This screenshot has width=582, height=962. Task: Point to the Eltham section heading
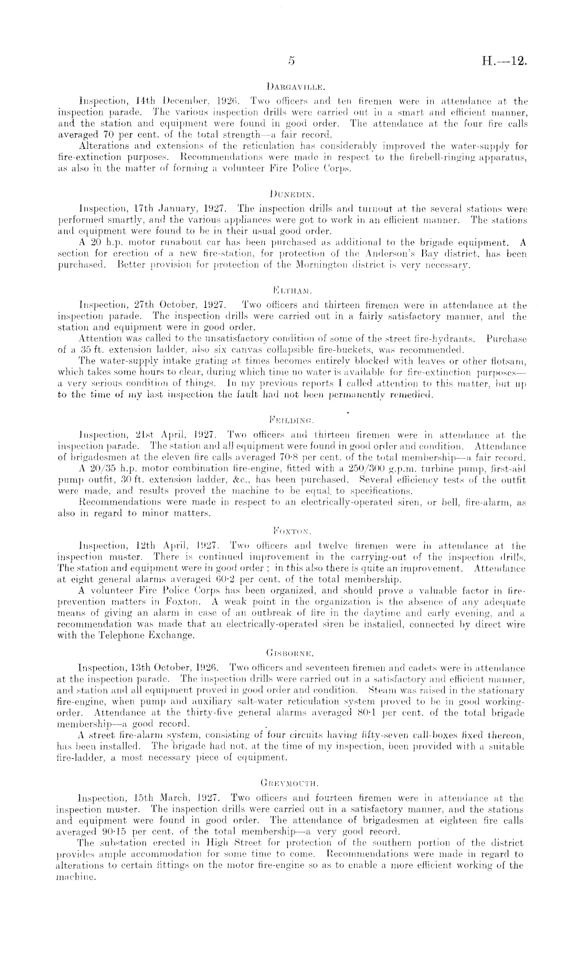point(292,288)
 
